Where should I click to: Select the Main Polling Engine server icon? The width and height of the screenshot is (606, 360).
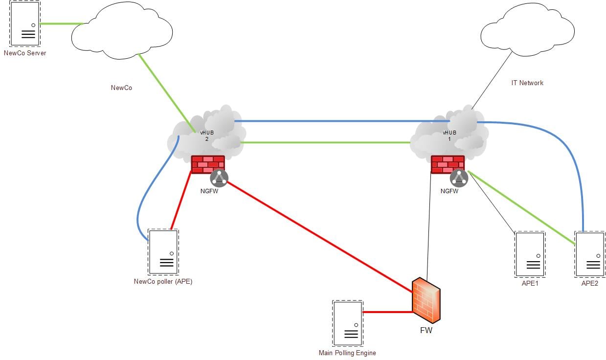pyautogui.click(x=347, y=323)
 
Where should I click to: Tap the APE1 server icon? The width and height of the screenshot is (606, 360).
pyautogui.click(x=530, y=254)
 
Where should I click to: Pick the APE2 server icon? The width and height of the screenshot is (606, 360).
pyautogui.click(x=589, y=254)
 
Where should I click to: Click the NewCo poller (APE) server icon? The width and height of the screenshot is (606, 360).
pyautogui.click(x=163, y=252)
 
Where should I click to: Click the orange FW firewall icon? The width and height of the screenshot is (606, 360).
pyautogui.click(x=426, y=300)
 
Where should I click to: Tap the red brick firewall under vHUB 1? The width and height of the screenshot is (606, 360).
pyautogui.click(x=447, y=164)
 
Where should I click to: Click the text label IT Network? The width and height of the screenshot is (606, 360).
pyautogui.click(x=527, y=83)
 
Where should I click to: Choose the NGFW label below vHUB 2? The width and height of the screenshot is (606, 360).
pyautogui.click(x=209, y=191)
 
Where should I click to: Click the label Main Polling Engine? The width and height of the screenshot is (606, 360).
pyautogui.click(x=347, y=353)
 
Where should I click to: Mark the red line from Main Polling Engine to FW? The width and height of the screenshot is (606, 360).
pyautogui.click(x=386, y=312)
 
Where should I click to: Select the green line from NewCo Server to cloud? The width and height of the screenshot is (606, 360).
pyautogui.click(x=61, y=23)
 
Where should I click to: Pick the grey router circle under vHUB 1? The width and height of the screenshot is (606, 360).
pyautogui.click(x=459, y=177)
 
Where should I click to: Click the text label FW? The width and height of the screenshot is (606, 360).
pyautogui.click(x=426, y=330)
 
